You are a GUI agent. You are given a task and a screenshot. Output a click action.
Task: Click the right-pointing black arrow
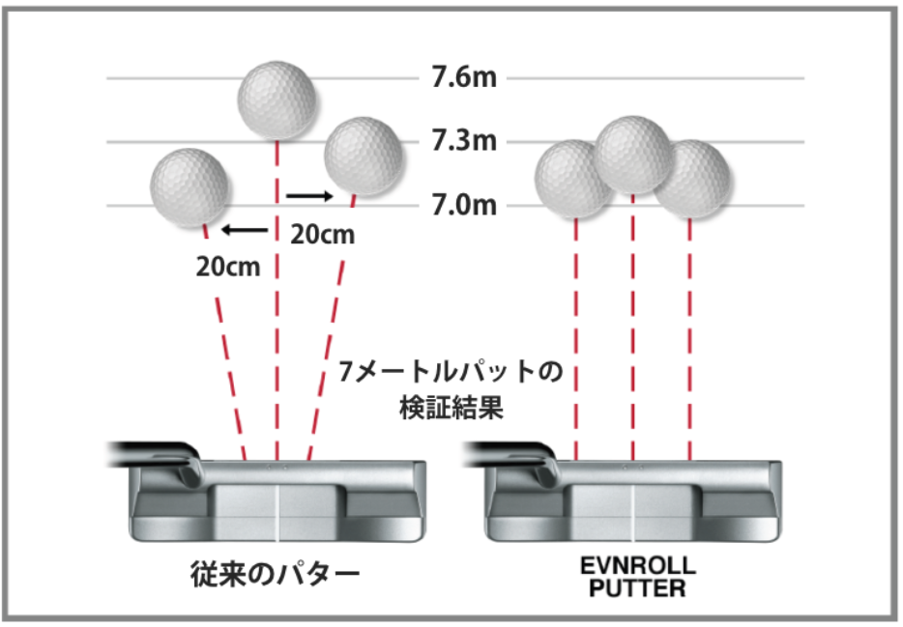pyautogui.click(x=309, y=196)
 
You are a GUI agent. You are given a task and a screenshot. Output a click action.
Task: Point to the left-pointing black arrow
pyautogui.click(x=245, y=230)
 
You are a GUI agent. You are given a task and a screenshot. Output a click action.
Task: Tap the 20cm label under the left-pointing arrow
pyautogui.click(x=228, y=266)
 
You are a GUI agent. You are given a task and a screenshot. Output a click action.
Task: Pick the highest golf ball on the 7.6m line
pyautogui.click(x=278, y=97)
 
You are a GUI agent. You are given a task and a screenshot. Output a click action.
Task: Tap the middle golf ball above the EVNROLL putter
pyautogui.click(x=633, y=152)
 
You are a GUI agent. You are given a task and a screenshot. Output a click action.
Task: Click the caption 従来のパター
pyautogui.click(x=274, y=576)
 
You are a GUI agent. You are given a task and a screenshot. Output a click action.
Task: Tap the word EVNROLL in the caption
pyautogui.click(x=634, y=567)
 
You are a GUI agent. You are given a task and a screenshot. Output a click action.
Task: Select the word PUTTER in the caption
pyautogui.click(x=634, y=587)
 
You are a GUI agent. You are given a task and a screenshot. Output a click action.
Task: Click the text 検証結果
pyautogui.click(x=451, y=407)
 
